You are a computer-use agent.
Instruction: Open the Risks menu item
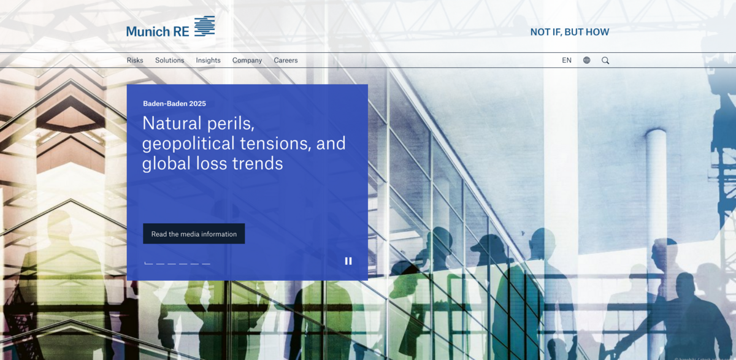coord(135,61)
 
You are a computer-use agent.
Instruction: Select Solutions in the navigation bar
coord(169,61)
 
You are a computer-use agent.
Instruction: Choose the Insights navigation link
coord(208,61)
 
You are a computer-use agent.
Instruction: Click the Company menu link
coord(247,61)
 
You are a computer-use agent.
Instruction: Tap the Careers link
coord(286,61)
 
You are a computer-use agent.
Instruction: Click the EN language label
coord(567,61)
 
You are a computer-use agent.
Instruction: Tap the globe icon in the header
coord(587,61)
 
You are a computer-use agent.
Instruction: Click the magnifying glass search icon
coord(605,61)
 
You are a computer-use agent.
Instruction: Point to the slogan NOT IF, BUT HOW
coord(570,32)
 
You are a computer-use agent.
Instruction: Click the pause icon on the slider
coord(348,261)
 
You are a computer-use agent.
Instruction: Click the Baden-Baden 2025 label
coord(174,104)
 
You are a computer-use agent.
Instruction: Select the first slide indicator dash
coord(148,264)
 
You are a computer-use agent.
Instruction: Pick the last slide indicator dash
coord(206,264)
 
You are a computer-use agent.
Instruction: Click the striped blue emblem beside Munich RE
coord(205,26)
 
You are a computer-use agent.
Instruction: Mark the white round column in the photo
coord(656,184)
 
